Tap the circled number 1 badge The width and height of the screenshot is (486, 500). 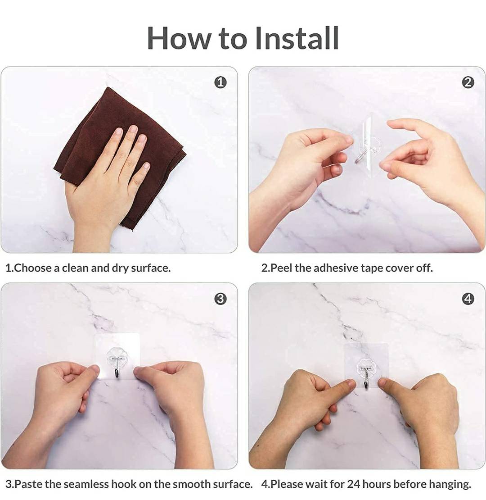(220, 82)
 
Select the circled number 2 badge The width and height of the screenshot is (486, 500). (468, 82)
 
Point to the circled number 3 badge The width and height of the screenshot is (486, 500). (220, 299)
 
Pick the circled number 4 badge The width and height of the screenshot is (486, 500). (468, 299)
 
